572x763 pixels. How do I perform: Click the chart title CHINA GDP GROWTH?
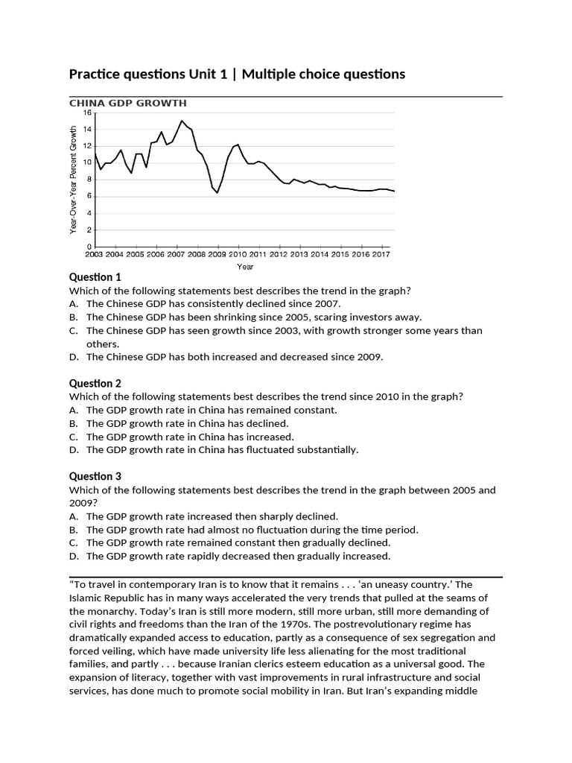pos(127,103)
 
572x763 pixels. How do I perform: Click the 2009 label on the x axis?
pos(217,254)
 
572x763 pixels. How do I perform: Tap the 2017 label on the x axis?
pos(381,254)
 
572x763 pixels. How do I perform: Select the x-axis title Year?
pos(245,266)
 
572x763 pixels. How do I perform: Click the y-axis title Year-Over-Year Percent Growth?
pos(73,180)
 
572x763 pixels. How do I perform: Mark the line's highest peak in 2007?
pos(181,121)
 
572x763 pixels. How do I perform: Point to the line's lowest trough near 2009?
pos(217,193)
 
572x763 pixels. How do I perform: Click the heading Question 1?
pos(95,277)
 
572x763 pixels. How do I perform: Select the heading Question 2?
pos(95,384)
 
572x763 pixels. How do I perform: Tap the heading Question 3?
pos(95,476)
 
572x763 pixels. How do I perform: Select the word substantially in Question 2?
pos(325,450)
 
